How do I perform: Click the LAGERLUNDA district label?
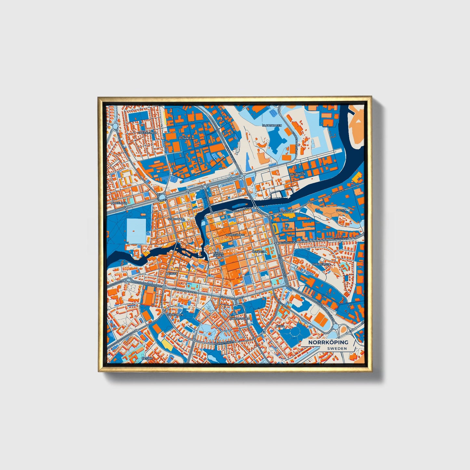coord(147,133)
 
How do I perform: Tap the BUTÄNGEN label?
coord(186,138)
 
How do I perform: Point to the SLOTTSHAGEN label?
coord(272,125)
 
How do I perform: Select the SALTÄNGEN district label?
coord(297,174)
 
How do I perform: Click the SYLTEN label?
coord(341,210)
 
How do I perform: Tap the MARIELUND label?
coord(118,203)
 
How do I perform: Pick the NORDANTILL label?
coord(176,219)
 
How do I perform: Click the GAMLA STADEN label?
coord(218,254)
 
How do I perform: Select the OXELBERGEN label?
coord(321,264)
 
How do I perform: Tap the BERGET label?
coord(171,274)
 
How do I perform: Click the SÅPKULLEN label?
coord(176,315)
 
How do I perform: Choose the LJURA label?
coord(280,326)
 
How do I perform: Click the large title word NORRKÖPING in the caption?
coord(328,342)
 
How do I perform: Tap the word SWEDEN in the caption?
coord(337,348)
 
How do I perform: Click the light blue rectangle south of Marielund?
coord(136,231)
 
